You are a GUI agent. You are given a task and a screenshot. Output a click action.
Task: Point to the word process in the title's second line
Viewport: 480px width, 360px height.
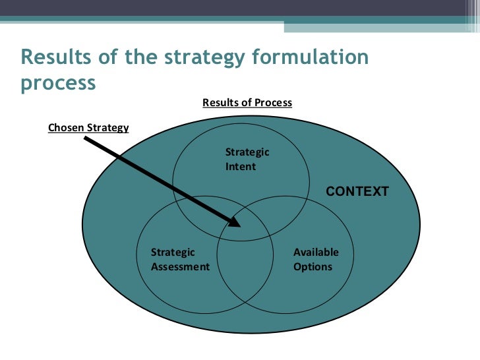pos(58,84)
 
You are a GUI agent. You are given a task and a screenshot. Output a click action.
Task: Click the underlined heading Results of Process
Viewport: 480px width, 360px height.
pos(247,103)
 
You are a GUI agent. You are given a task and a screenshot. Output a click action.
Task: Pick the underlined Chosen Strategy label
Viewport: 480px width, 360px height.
pos(88,127)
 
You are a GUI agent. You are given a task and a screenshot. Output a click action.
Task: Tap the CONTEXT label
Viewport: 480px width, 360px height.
pos(358,192)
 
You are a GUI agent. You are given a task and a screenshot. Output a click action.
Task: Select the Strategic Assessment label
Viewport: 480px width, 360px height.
pos(180,260)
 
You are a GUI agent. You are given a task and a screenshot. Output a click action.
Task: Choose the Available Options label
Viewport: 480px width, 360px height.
pos(316,260)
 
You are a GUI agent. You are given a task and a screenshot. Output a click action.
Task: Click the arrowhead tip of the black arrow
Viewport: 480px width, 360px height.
pos(242,225)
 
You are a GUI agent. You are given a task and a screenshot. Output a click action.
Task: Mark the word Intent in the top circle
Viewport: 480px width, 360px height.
pos(240,167)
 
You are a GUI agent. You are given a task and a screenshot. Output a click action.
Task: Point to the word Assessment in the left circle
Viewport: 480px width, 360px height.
pos(180,267)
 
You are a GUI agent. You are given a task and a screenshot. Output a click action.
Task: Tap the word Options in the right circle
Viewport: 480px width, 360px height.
pos(313,267)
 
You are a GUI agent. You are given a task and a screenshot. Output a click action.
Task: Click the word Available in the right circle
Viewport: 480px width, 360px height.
pos(316,253)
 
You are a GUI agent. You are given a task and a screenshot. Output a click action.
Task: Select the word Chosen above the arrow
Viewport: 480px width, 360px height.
pos(65,127)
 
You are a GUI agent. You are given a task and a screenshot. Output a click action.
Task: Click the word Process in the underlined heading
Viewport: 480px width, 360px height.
pos(274,103)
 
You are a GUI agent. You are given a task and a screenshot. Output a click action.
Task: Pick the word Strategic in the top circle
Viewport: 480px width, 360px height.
pos(247,152)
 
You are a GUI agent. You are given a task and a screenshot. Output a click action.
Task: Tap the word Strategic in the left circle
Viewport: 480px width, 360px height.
pos(173,253)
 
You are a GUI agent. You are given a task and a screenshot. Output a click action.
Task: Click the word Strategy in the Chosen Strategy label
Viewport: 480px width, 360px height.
pos(107,127)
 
